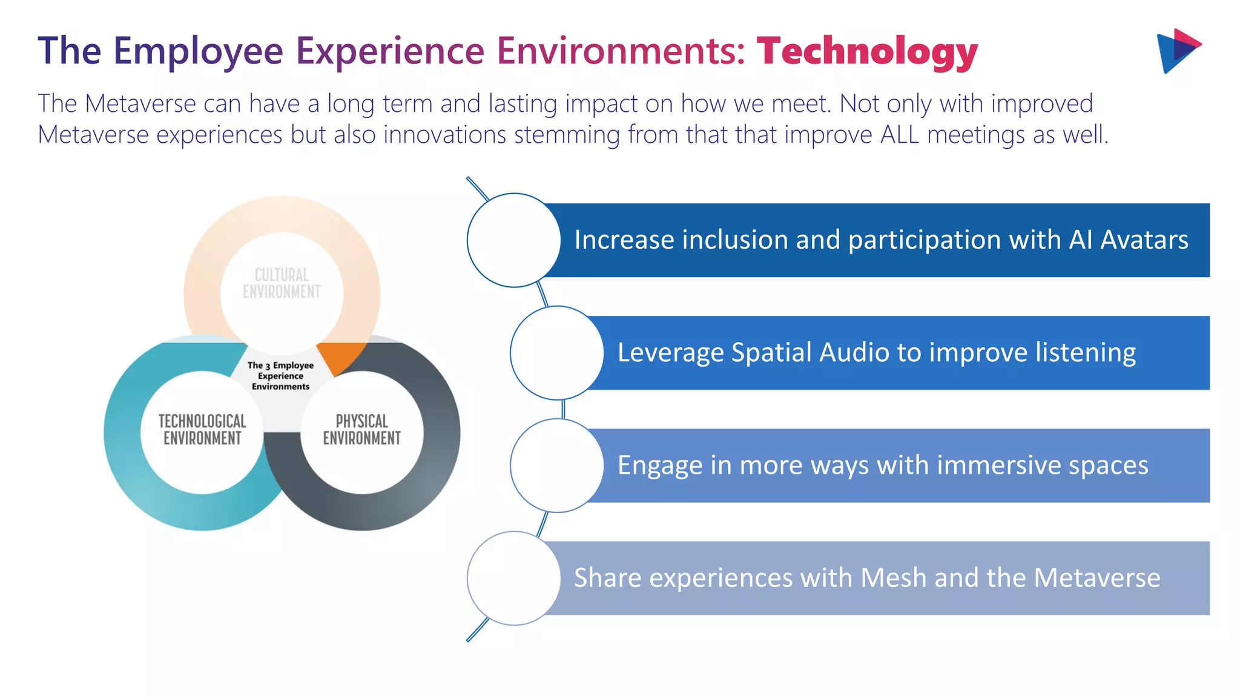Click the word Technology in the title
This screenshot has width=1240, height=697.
tap(867, 51)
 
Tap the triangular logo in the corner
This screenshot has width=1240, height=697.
tap(1177, 51)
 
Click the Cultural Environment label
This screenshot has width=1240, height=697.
tap(282, 283)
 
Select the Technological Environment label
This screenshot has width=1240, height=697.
tap(202, 430)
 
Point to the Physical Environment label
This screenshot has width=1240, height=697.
tap(361, 430)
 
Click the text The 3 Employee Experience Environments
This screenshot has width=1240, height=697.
tap(280, 376)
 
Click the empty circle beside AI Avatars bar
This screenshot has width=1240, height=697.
tap(513, 240)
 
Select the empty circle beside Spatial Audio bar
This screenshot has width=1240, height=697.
tap(556, 353)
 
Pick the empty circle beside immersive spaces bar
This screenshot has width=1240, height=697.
tap(556, 465)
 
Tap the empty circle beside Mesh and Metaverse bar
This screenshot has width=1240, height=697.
tap(513, 578)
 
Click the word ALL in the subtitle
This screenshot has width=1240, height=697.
tap(900, 134)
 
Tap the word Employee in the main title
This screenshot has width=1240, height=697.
tap(198, 51)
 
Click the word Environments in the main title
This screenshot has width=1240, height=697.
tap(621, 51)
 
